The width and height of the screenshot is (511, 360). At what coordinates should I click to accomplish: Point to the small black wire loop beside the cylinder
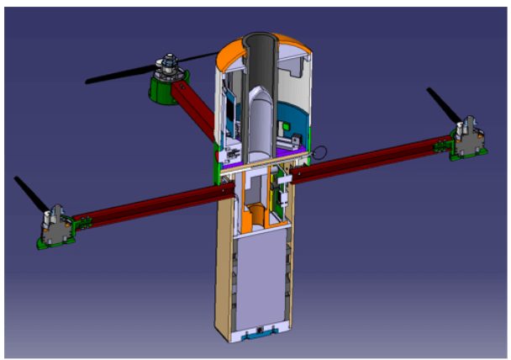(x=319, y=153)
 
